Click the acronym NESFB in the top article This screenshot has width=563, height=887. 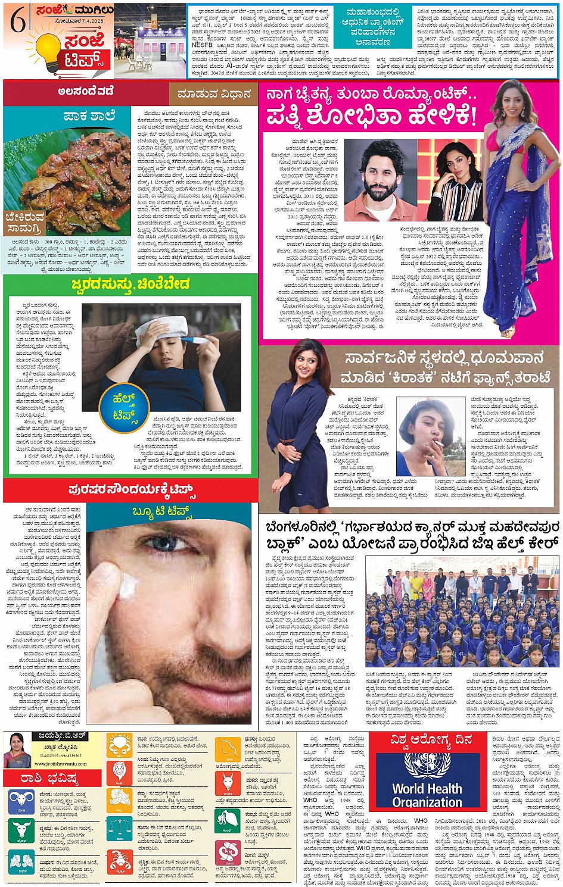(203, 44)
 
